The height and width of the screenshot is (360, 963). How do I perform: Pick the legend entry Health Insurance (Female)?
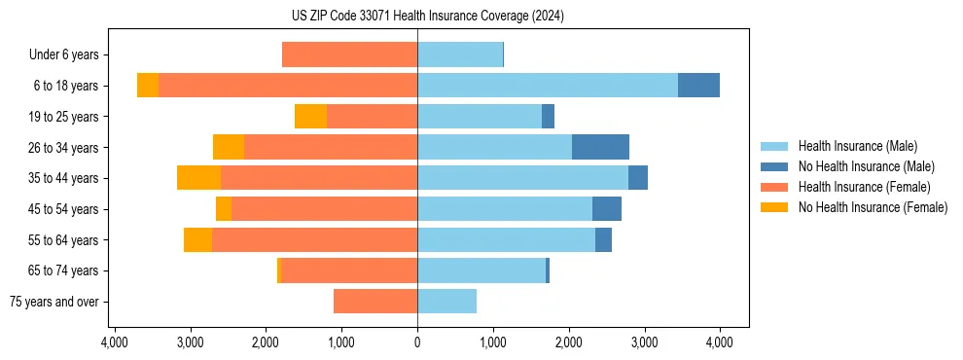click(865, 187)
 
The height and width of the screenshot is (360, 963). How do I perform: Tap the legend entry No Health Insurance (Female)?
click(873, 207)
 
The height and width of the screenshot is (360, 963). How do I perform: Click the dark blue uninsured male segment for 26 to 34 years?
click(600, 147)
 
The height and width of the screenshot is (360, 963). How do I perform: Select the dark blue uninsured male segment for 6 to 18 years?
click(698, 86)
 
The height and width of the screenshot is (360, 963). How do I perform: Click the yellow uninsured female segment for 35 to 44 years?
click(199, 178)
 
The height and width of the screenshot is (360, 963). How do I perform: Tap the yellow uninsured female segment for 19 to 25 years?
click(310, 117)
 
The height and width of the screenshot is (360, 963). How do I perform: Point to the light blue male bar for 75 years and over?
click(446, 302)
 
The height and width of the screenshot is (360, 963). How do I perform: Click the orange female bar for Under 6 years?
click(349, 54)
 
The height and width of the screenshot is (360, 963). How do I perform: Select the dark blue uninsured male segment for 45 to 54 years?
click(607, 209)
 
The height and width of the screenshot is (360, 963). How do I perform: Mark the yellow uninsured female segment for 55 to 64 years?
click(197, 240)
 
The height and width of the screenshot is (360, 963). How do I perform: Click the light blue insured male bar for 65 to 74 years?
click(481, 270)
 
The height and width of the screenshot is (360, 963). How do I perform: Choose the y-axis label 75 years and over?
click(54, 302)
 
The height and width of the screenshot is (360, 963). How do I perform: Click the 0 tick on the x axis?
click(417, 342)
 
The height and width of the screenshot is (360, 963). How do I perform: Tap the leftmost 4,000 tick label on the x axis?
click(115, 342)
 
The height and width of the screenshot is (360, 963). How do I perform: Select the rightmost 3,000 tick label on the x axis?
click(644, 342)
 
